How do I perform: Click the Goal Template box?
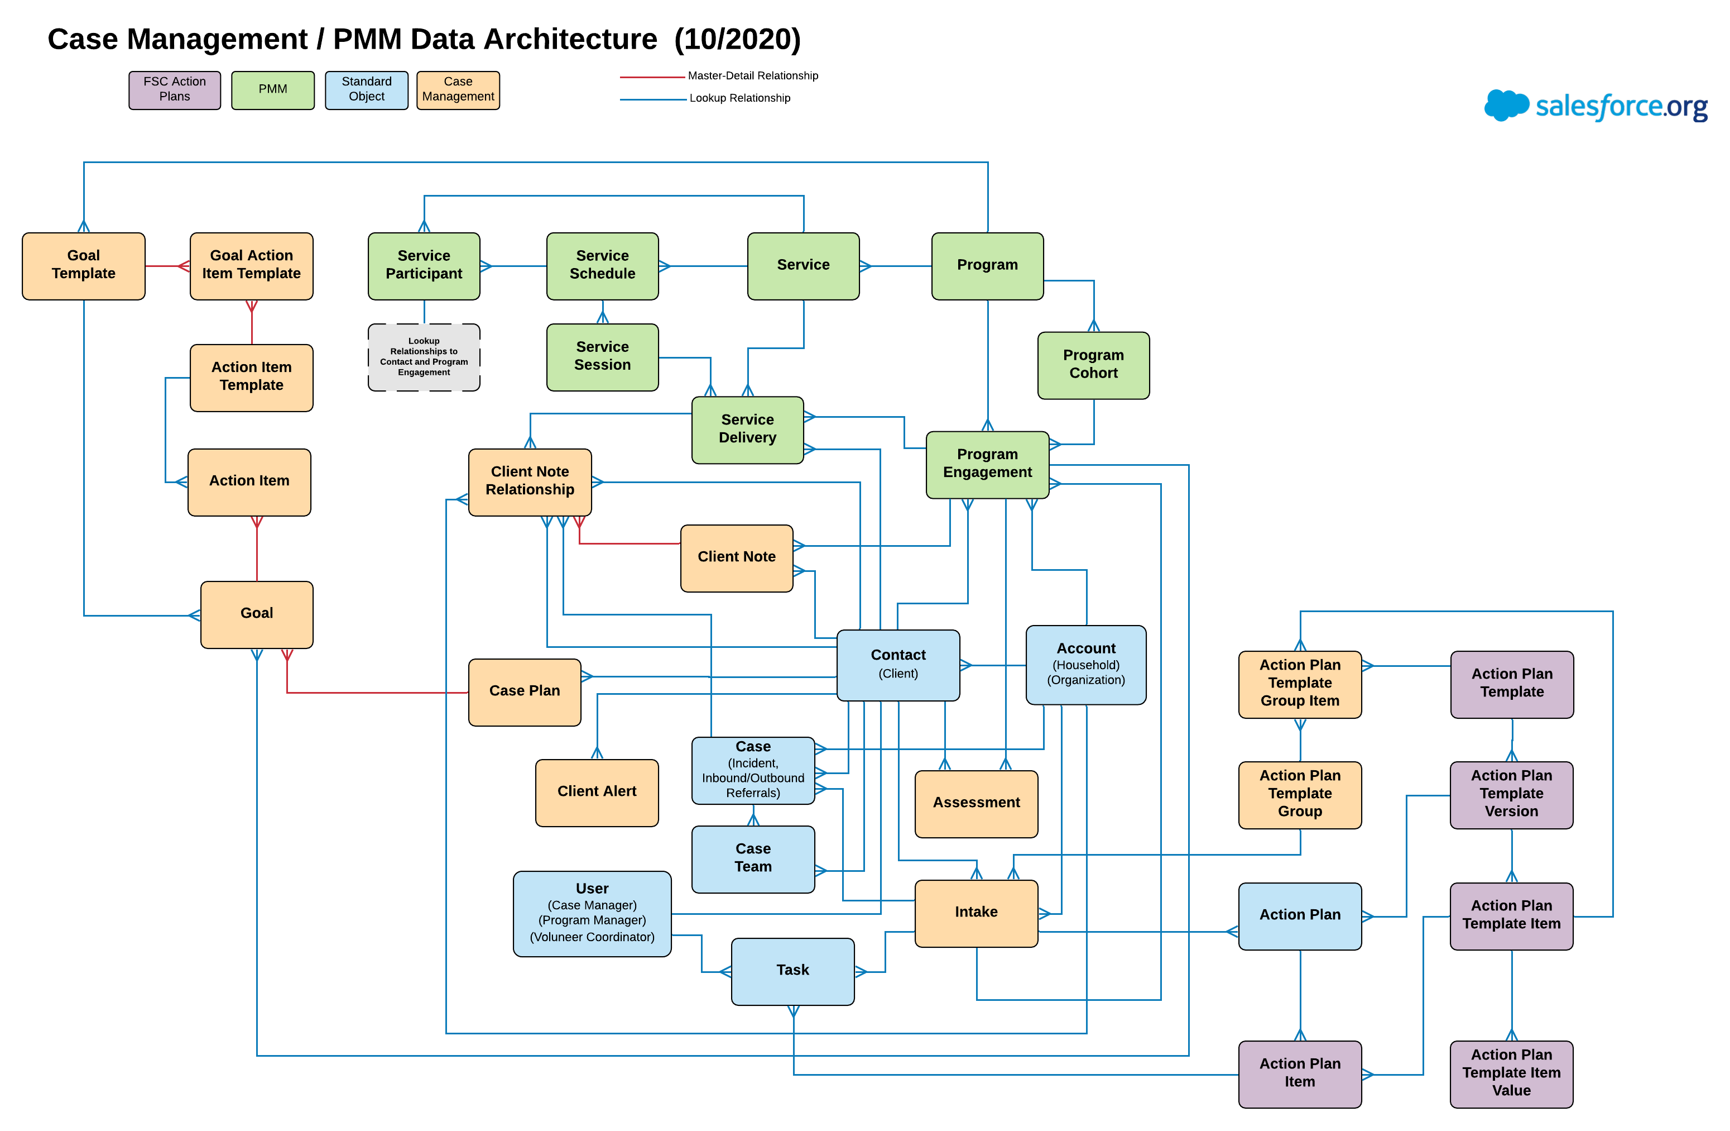click(84, 265)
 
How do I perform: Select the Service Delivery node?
click(747, 429)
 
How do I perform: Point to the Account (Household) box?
click(1085, 664)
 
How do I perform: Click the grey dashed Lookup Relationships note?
click(424, 357)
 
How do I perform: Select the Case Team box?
click(752, 858)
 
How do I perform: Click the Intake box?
click(975, 913)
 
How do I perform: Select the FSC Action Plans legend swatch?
click(175, 89)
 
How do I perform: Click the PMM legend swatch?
click(272, 89)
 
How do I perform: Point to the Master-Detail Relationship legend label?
click(752, 75)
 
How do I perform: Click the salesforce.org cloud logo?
click(1506, 106)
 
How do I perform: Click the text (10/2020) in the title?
click(737, 39)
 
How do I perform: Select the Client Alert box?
click(596, 792)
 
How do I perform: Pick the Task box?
click(792, 970)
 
